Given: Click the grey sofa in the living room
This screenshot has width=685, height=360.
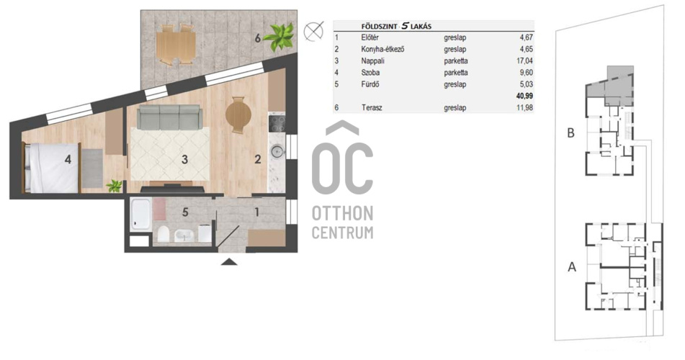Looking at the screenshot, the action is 169,117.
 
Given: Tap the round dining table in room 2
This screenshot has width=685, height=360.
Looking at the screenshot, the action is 238,115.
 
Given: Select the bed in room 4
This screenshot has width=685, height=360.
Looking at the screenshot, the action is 52,168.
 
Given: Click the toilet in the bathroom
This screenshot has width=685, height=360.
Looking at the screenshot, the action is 164,234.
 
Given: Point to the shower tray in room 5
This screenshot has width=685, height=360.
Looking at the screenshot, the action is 141,215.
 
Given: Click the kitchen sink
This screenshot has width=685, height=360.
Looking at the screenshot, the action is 277,152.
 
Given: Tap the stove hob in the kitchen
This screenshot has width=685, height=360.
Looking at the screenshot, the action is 277,123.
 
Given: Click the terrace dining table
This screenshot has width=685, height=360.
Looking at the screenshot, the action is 176,45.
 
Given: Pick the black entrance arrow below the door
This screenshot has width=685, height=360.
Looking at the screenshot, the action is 229,261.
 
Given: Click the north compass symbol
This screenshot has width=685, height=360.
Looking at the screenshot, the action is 313,31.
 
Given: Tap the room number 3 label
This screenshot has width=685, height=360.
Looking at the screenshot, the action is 185,159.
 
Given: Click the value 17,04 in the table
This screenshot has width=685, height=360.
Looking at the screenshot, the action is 524,60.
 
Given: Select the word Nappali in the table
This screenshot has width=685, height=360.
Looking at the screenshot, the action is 372,61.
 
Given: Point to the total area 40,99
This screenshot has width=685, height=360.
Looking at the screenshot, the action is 524,96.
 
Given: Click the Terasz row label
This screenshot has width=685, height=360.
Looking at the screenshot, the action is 372,107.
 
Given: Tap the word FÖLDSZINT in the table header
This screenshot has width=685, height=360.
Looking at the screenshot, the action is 379,26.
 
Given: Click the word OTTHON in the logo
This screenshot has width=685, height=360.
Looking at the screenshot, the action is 343,214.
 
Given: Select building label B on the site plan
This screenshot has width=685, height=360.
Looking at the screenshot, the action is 570,132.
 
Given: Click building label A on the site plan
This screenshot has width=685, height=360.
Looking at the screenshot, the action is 572,266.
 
